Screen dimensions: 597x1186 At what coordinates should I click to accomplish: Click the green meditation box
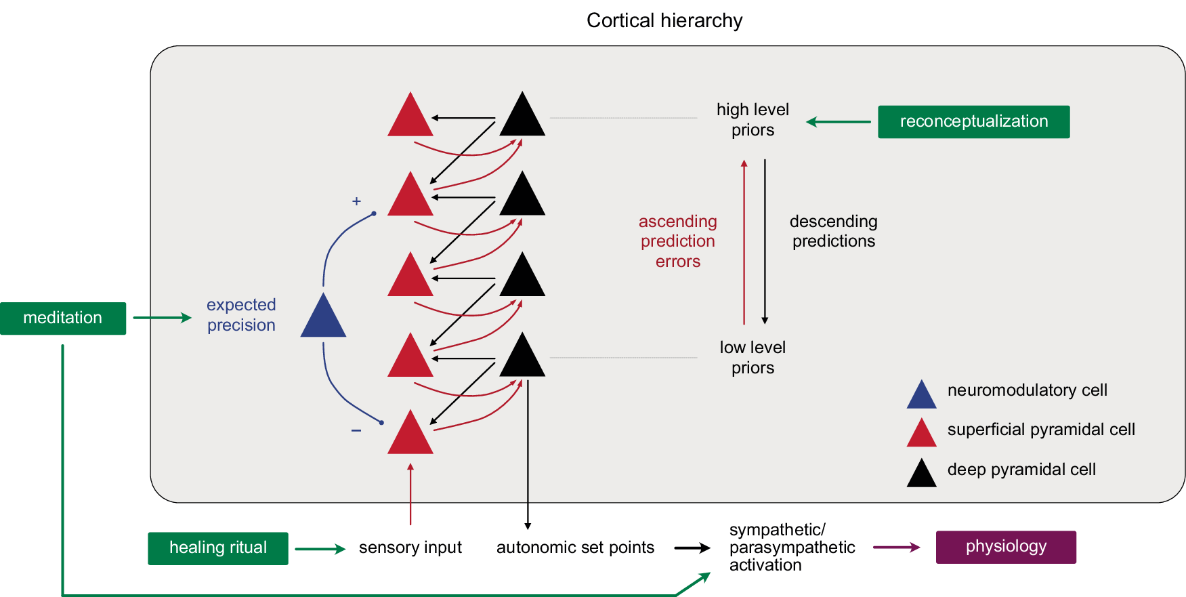coord(63,318)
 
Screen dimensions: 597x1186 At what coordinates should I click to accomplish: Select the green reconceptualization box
coord(973,122)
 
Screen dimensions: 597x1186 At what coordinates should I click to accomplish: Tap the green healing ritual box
coord(218,548)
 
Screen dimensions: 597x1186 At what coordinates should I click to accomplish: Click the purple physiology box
coord(1006,547)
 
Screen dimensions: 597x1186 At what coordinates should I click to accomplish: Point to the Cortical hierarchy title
coord(664,20)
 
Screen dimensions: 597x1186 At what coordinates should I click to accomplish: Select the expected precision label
coord(241,315)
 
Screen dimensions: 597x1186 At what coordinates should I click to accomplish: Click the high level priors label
coord(753,120)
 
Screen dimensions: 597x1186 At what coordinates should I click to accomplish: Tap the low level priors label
coord(753,358)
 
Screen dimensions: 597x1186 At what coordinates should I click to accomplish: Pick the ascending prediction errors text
coord(677,241)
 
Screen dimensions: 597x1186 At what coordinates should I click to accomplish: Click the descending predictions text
coord(833,232)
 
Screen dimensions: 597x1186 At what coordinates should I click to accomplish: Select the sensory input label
coord(410,548)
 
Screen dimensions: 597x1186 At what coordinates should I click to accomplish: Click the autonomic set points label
coord(575,548)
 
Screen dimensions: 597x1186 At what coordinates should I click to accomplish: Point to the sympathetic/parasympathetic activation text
coord(791,548)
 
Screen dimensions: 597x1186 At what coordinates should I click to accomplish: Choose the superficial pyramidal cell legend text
coord(1040,430)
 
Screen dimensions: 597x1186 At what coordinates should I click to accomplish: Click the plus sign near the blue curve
coord(356,201)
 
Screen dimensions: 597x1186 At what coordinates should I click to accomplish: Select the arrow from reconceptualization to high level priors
coord(839,122)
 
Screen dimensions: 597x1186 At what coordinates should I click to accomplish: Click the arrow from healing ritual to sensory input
coord(320,549)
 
